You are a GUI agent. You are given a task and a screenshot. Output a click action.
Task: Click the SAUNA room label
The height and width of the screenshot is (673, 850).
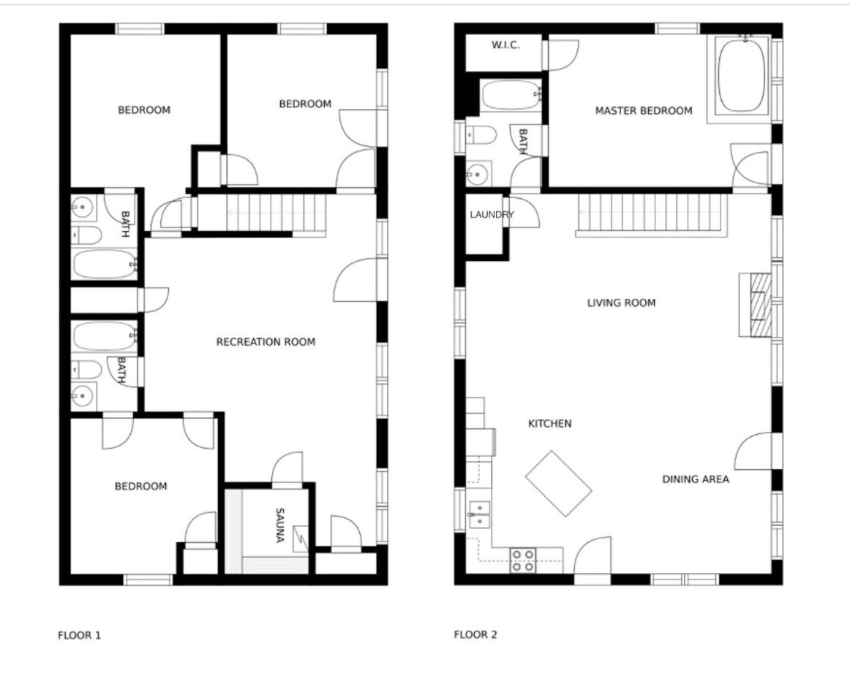[x=279, y=525]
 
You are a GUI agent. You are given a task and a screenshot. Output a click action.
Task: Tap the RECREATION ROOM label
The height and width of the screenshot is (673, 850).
[x=266, y=342]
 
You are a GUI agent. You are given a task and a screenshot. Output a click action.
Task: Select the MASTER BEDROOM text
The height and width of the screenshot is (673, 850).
[x=644, y=110]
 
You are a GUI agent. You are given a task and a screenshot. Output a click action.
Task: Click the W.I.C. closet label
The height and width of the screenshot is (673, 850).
[x=505, y=45]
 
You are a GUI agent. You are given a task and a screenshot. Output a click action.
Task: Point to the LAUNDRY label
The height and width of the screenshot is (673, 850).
[x=492, y=214]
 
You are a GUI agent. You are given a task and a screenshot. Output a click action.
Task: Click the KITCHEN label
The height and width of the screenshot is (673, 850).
[x=549, y=423]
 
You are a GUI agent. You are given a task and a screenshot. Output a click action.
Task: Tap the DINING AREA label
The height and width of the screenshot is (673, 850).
[x=696, y=479]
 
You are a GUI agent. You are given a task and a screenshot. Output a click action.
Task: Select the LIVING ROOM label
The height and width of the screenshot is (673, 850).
[x=621, y=303]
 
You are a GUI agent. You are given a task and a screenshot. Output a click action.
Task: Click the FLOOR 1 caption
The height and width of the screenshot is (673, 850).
[x=79, y=635]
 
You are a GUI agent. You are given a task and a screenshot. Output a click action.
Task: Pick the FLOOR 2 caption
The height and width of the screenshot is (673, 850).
[x=475, y=634]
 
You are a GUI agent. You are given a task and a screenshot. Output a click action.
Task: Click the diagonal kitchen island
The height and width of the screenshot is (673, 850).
[x=558, y=484]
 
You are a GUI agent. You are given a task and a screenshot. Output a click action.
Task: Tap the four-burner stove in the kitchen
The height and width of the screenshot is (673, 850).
[x=522, y=560]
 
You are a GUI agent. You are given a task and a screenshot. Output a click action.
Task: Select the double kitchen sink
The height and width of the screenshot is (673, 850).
[x=479, y=514]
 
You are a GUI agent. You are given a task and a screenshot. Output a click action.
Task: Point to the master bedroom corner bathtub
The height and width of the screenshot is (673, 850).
[x=742, y=76]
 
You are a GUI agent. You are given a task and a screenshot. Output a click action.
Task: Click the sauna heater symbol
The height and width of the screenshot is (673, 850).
[x=301, y=539]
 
